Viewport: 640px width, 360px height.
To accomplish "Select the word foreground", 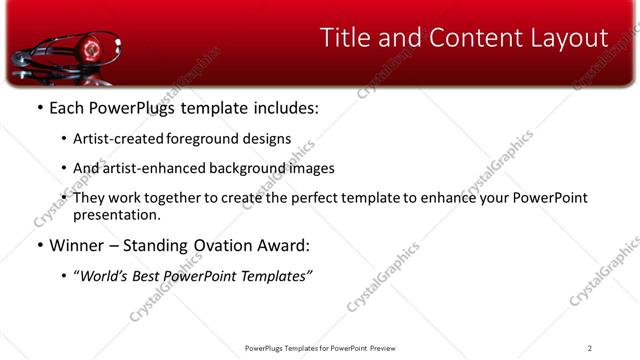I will coord(209,140).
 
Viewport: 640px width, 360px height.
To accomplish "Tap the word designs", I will coord(269,140).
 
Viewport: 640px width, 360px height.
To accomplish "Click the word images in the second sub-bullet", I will coord(311,169).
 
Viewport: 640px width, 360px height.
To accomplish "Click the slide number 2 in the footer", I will coord(589,347).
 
